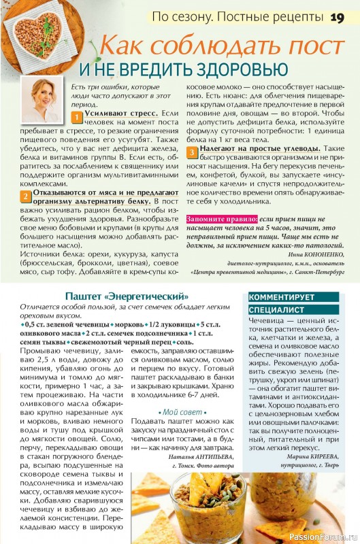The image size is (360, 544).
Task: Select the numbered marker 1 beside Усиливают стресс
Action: click(78, 116)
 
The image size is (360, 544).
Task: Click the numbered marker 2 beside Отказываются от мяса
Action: click(24, 197)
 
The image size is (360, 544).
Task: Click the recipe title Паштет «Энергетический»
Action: click(126, 296)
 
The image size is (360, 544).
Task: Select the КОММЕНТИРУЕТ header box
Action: click(282, 297)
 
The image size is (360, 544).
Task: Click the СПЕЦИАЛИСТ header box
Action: click(277, 309)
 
